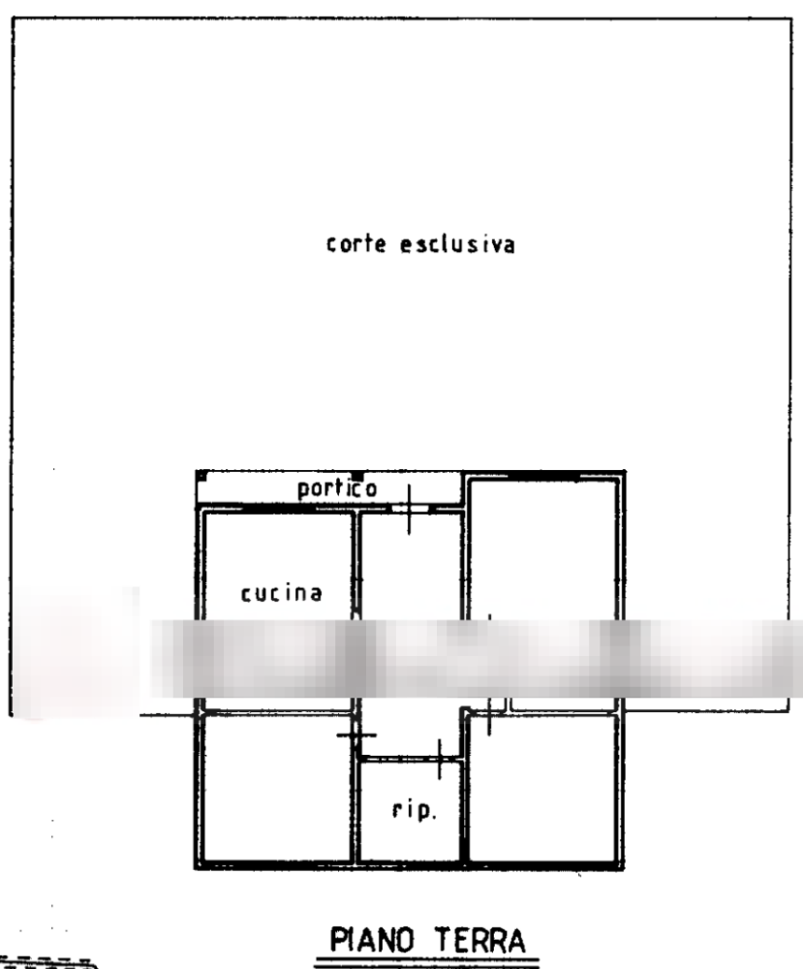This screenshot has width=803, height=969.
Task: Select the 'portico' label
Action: coord(337,489)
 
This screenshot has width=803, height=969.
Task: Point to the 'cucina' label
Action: coord(281,592)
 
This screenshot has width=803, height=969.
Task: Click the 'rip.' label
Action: coord(415,812)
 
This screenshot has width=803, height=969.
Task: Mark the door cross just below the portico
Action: coord(412,508)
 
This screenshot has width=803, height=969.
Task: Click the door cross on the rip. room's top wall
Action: coord(441,759)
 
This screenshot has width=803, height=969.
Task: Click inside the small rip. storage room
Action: coord(412,833)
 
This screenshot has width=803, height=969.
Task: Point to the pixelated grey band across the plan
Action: coord(475,659)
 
